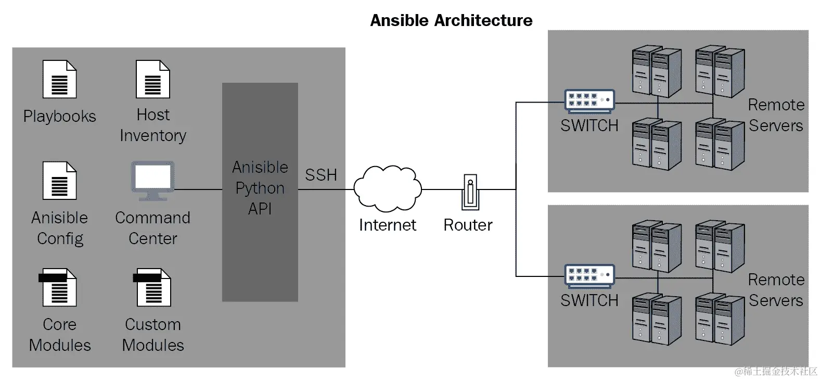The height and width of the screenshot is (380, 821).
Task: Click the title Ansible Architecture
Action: click(x=451, y=20)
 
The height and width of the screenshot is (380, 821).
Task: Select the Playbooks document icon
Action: click(x=59, y=79)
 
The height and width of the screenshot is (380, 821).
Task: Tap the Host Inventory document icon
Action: click(x=152, y=79)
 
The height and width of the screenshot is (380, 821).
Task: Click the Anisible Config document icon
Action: click(x=59, y=181)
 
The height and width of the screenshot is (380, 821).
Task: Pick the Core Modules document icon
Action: click(x=58, y=287)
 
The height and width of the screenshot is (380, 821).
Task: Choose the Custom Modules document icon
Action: click(x=152, y=287)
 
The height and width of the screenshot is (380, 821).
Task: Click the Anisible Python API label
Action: click(x=260, y=188)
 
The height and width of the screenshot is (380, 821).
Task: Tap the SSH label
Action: click(x=320, y=175)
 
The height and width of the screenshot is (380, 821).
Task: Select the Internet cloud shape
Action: click(x=388, y=188)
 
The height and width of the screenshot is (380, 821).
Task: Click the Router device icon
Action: click(x=470, y=192)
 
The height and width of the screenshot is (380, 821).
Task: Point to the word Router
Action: click(x=468, y=225)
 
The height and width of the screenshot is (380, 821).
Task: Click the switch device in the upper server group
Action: click(x=589, y=100)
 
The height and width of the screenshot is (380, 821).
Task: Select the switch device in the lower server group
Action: click(x=589, y=275)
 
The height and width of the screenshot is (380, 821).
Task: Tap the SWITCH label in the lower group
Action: click(x=589, y=300)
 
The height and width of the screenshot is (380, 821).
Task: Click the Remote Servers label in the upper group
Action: click(x=776, y=115)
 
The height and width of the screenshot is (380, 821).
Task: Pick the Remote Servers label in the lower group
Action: click(x=776, y=290)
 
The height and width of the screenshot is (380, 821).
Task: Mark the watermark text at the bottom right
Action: click(x=776, y=371)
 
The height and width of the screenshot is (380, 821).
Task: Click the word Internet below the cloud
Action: click(x=388, y=225)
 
